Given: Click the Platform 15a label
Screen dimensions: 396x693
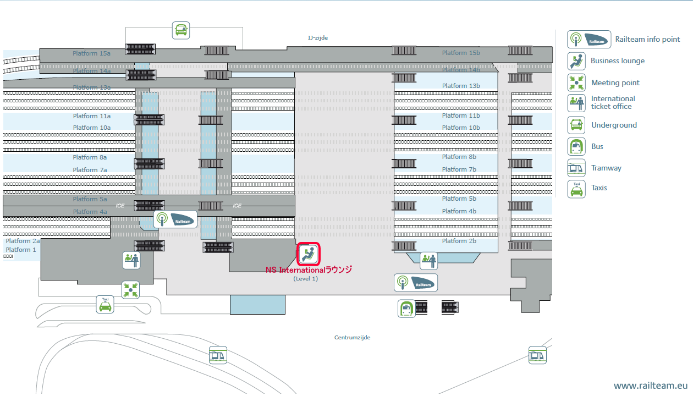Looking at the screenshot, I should point(92,53).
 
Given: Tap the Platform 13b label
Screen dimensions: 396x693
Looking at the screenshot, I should point(461,86).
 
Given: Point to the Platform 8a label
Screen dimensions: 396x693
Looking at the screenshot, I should point(90,157).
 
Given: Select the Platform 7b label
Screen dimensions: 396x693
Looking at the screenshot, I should point(459,169).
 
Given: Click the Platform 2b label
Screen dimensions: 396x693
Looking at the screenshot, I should point(459,241).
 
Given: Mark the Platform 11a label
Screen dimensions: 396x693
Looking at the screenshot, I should point(92,116).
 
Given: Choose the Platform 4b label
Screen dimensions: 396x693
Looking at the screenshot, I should point(459,211).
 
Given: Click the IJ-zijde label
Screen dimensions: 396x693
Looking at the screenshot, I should point(318,37).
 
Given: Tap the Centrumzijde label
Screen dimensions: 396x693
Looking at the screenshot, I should point(353,337).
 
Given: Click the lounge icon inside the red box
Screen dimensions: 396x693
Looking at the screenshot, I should point(309,254).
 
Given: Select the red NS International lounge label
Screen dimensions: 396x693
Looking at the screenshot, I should point(309,270).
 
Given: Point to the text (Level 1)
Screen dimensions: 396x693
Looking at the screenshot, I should point(306,279).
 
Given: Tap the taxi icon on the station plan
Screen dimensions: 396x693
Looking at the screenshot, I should point(105,304).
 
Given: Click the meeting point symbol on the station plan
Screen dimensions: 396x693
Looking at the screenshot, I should point(130,289).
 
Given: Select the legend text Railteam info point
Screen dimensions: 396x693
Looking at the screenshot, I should point(647,39).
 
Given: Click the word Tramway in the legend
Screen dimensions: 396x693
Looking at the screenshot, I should point(606,168).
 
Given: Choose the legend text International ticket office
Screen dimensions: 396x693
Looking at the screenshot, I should point(613,102).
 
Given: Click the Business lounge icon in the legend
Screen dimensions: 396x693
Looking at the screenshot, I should point(576,61).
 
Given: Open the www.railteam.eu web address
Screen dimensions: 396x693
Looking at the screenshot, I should point(651,386).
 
